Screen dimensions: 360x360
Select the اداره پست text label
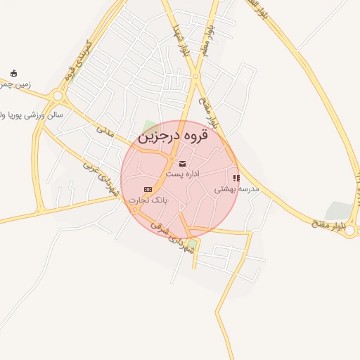(183, 174)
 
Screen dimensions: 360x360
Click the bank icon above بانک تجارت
(148, 189)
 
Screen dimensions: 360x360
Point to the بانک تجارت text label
(148, 200)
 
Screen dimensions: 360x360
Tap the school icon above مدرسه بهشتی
(236, 178)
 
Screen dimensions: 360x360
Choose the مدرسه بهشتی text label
(236, 188)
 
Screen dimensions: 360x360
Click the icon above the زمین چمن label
(13, 73)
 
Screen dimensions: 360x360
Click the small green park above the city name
(149, 127)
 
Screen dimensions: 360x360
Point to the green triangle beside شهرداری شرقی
(192, 244)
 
